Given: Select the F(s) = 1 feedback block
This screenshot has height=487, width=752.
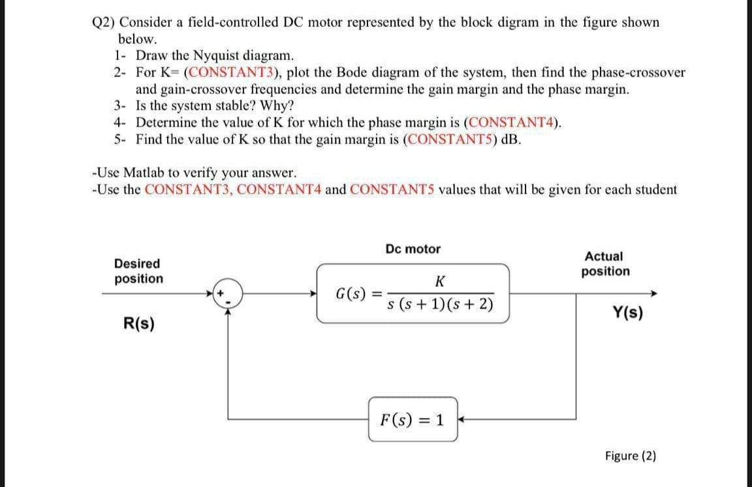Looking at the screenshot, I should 413,419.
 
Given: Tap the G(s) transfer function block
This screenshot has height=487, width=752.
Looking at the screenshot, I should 413,293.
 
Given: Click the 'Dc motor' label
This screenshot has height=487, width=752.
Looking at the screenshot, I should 413,249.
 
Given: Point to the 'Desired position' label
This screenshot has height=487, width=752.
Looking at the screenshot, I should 138,271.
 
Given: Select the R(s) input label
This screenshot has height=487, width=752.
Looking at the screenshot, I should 139,323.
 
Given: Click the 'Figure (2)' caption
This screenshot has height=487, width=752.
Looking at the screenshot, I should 630,456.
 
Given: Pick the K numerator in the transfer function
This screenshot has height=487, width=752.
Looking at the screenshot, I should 439,282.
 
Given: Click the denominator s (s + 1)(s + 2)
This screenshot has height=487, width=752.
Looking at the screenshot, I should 440,306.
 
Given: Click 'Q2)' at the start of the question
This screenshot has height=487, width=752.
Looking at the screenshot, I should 103,22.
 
